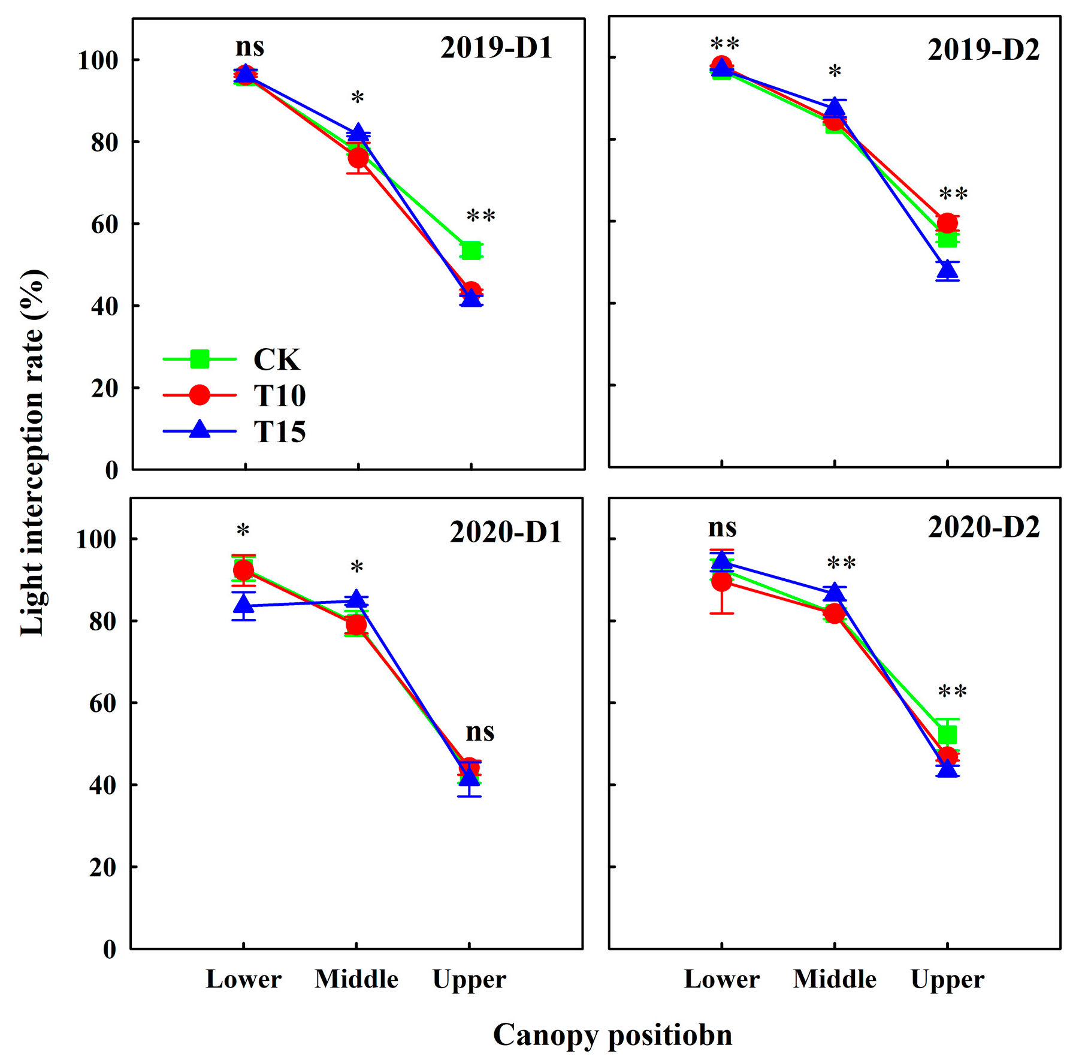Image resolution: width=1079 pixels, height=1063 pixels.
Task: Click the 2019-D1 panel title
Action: pos(496,48)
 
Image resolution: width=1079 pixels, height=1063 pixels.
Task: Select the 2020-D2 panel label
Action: pos(983,527)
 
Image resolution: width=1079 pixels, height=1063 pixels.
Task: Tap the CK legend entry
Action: pos(276,360)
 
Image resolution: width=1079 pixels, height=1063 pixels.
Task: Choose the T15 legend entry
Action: pos(279,431)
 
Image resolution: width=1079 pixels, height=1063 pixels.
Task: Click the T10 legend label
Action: pos(279,395)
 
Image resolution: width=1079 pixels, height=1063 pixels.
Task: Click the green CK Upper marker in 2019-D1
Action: pos(472,250)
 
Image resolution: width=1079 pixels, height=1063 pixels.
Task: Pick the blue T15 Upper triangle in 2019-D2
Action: pos(947,270)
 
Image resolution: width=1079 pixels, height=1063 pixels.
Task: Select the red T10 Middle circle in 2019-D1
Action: pos(358,158)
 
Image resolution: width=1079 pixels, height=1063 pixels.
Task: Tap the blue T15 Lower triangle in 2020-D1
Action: pos(244,605)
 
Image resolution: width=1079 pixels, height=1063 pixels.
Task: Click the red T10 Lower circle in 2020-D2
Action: pos(722,581)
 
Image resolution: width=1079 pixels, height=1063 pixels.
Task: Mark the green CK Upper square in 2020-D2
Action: pos(947,735)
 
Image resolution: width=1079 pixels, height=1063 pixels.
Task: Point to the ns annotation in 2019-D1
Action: pos(249,47)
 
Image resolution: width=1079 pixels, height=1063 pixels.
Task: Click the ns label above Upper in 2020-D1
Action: pos(480,732)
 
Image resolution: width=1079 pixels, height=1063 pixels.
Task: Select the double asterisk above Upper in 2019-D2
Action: pos(953,194)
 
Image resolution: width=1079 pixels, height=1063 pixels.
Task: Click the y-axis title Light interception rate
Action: pos(32,452)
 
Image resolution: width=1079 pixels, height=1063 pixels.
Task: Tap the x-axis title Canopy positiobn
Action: pos(612,1035)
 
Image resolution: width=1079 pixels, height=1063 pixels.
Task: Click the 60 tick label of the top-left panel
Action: pos(104,225)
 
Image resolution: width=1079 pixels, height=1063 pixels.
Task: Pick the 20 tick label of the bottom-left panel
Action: pos(102,867)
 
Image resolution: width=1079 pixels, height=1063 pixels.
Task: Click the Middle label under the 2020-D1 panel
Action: pos(356,980)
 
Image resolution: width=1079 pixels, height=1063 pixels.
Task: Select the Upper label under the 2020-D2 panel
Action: pos(947,980)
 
